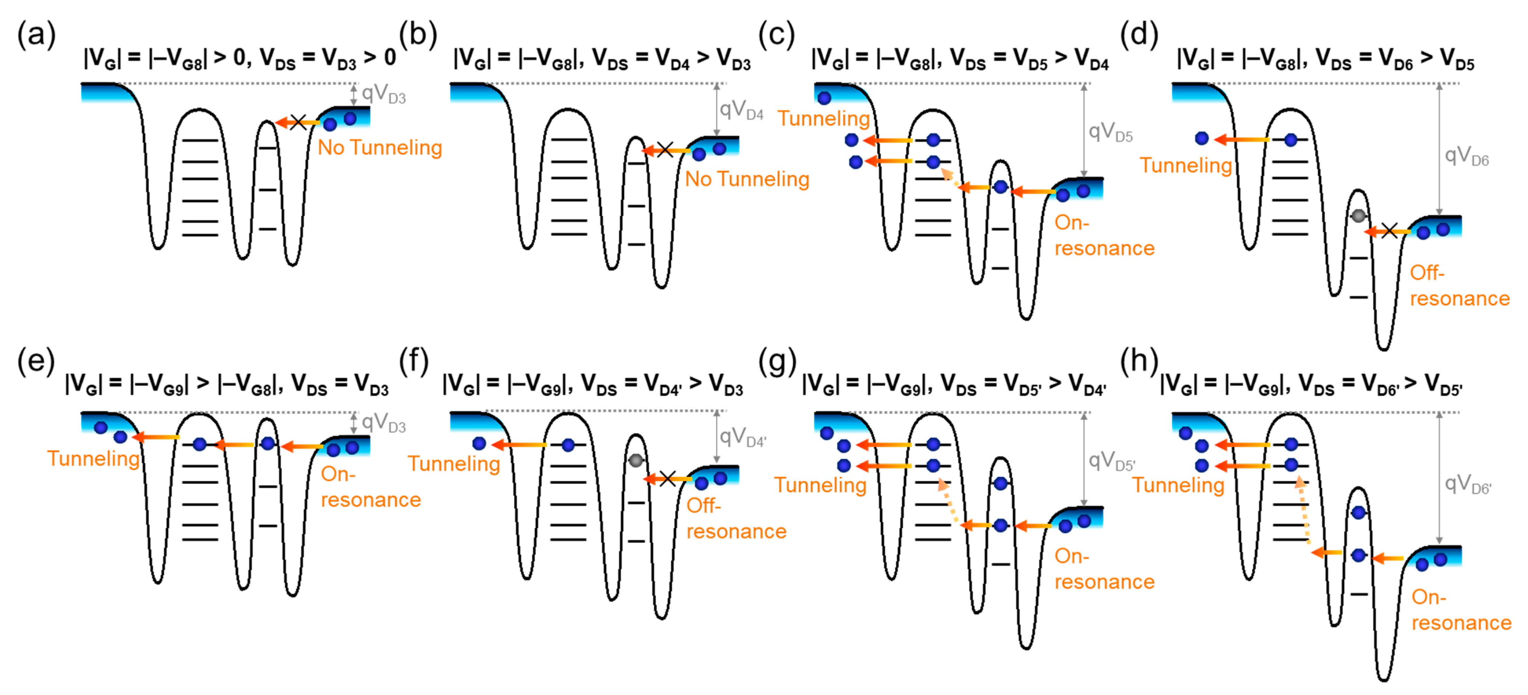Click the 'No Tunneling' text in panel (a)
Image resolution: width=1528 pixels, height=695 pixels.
click(380, 148)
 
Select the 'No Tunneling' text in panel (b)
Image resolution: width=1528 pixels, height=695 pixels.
click(747, 179)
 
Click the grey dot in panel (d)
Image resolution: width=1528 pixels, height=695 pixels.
click(1358, 216)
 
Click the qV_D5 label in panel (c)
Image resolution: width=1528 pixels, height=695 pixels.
click(1110, 132)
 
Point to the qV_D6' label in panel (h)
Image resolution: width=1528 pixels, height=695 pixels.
click(1467, 485)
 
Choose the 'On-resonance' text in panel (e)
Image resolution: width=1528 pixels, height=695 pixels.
click(370, 487)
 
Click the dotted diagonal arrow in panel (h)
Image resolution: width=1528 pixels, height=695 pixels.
click(1304, 511)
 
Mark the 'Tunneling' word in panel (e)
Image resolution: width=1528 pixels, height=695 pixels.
click(93, 459)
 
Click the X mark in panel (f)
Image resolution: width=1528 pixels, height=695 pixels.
click(667, 478)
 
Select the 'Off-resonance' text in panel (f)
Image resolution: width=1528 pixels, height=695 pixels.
click(735, 518)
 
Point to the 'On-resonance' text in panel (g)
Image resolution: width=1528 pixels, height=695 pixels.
click(1104, 569)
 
